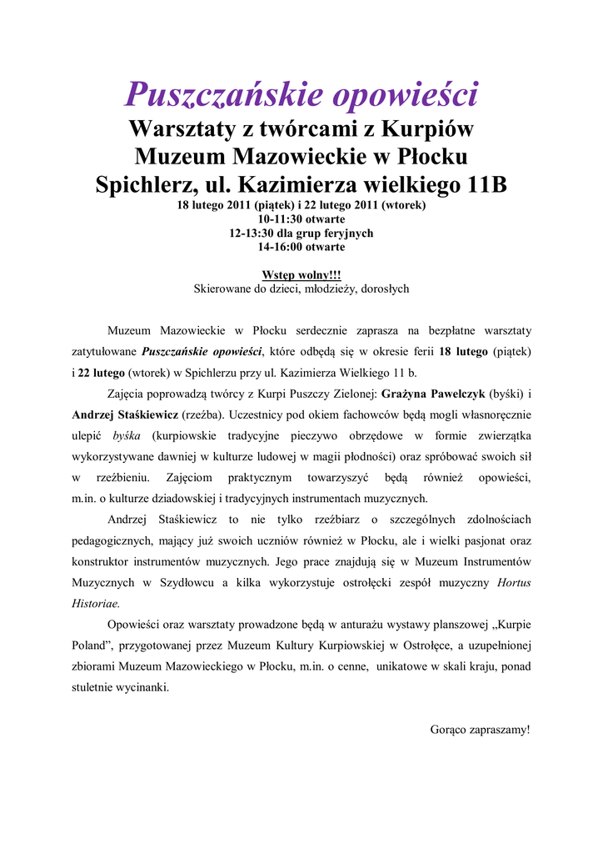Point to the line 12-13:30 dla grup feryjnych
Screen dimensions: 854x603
301,233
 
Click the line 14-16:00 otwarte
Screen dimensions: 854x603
301,247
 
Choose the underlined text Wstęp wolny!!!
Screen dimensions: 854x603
301,274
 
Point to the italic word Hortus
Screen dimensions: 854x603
514,582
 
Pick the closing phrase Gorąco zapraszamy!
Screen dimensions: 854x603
480,730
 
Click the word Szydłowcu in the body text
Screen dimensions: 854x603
181,582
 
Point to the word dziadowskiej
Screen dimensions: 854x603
188,499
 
